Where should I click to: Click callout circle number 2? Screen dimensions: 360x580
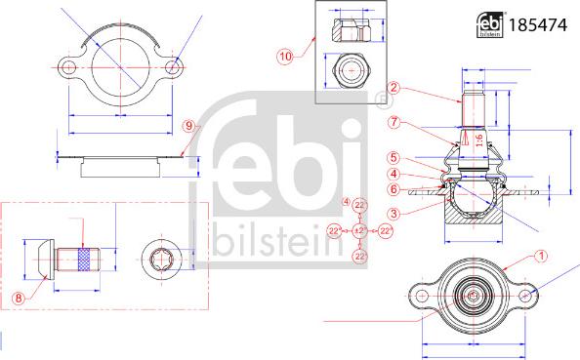(x=393, y=87)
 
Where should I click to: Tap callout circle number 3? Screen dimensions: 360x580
(x=393, y=213)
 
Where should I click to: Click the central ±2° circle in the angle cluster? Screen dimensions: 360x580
(x=359, y=229)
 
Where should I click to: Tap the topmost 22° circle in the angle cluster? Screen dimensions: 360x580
(x=359, y=204)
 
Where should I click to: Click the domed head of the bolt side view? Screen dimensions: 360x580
(x=35, y=259)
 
